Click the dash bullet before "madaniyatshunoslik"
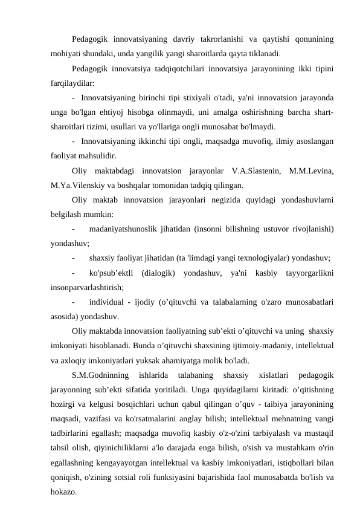click(x=73, y=229)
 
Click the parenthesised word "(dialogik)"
click(x=158, y=274)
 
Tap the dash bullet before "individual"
click(x=73, y=302)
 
